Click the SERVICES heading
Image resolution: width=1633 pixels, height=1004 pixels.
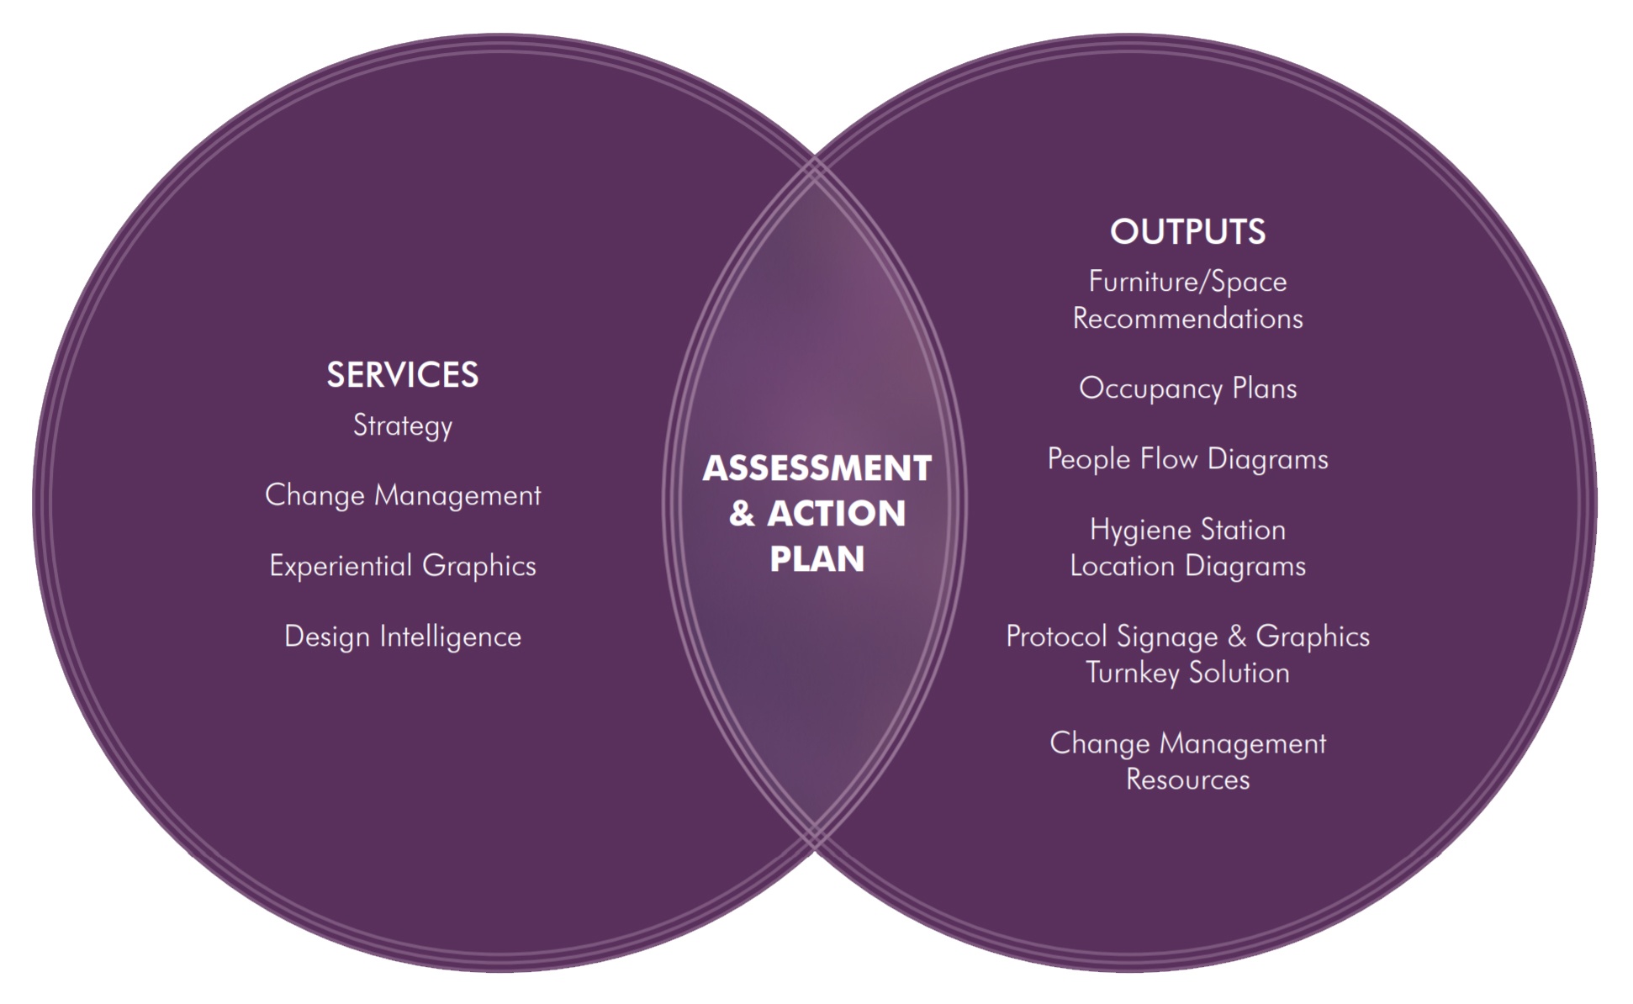click(402, 375)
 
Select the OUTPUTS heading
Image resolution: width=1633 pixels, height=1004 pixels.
click(1187, 232)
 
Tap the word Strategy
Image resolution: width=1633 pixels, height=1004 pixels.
click(402, 425)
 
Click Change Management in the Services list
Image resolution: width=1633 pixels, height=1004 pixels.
click(402, 495)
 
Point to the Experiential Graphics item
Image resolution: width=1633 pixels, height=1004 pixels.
click(402, 566)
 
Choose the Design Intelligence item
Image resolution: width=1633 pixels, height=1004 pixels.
click(402, 637)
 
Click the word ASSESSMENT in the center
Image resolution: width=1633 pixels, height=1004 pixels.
click(816, 468)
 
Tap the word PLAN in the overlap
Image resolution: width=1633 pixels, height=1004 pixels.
click(816, 559)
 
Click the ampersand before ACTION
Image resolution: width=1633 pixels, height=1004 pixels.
click(741, 514)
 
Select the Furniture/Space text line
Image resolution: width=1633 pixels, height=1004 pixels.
click(1187, 282)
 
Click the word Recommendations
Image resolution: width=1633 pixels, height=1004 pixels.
click(1187, 319)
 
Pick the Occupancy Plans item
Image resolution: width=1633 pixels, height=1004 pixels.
click(1187, 388)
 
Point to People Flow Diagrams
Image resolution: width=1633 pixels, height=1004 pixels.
click(1187, 459)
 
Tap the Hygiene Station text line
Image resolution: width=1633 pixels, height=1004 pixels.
click(1187, 530)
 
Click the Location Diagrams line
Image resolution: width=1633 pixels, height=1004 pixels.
click(1187, 566)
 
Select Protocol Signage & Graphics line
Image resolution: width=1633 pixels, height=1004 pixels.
click(1187, 637)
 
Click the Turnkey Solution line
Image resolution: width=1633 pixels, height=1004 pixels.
click(1187, 673)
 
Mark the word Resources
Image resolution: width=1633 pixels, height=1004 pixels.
click(1187, 779)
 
